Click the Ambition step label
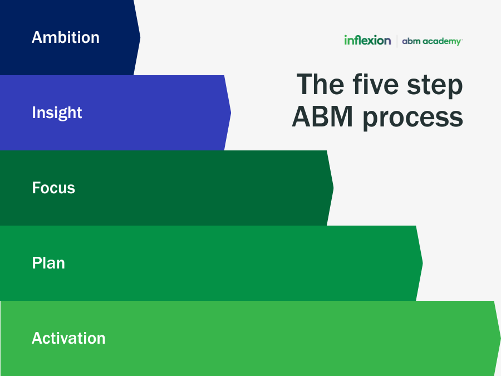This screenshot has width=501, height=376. coord(66,37)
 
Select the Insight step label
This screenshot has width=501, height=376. coord(57,113)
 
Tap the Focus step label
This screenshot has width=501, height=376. coord(53,188)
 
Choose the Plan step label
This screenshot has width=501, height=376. coord(48,263)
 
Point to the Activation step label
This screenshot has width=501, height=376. coord(68,338)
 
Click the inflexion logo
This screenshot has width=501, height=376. coord(367,40)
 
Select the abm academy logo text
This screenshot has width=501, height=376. coord(432,41)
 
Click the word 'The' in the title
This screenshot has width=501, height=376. coord(319,85)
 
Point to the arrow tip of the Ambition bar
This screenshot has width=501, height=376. coord(139,38)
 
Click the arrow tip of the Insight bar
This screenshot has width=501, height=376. coord(230,113)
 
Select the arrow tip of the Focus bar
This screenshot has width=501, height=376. coord(332,188)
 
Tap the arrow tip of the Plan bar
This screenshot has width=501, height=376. coord(421,263)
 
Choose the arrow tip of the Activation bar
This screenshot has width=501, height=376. coord(499,338)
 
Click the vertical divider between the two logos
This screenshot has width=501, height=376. coord(397,41)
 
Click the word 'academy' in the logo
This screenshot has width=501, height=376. coord(442,41)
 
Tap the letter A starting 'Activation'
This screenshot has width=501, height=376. coord(37,338)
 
